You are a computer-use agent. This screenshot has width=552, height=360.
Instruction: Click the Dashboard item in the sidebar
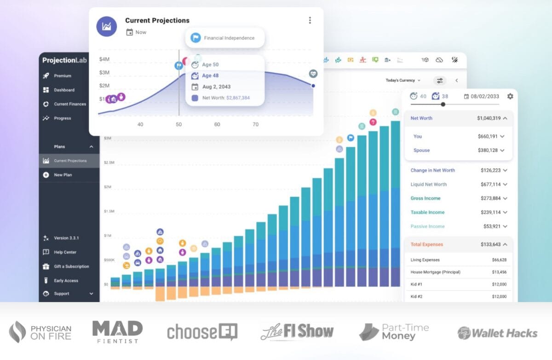pos(64,90)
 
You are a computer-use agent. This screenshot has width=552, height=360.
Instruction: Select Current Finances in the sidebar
pos(69,104)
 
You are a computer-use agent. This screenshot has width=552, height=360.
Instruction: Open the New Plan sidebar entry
pos(63,175)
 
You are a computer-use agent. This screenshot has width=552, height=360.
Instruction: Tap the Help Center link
pos(65,252)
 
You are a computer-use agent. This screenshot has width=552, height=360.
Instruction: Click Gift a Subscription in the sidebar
pos(71,267)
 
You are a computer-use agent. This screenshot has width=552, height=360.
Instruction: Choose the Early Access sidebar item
pos(66,281)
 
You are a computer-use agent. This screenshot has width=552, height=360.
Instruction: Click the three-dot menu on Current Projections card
pos(310,20)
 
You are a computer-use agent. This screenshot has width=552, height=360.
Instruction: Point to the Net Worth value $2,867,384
pos(238,98)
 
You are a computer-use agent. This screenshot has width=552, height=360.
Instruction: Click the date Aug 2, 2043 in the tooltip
pos(216,87)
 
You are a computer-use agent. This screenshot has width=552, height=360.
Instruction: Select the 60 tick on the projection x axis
pos(217,124)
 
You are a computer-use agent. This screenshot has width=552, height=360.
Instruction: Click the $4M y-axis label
pos(104,59)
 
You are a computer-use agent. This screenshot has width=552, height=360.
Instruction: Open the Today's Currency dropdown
pos(403,81)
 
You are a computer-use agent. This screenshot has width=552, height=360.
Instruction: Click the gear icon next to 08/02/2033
pos(510,96)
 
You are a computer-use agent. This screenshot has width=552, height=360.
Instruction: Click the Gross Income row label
pos(425,198)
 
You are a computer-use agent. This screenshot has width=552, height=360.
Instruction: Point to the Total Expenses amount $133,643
pos(487,244)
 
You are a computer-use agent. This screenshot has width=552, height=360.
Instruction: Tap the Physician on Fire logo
pos(40,332)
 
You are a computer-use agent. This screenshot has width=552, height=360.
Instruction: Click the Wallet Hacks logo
pos(498,332)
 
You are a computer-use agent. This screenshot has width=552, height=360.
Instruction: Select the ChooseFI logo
pos(202,331)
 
